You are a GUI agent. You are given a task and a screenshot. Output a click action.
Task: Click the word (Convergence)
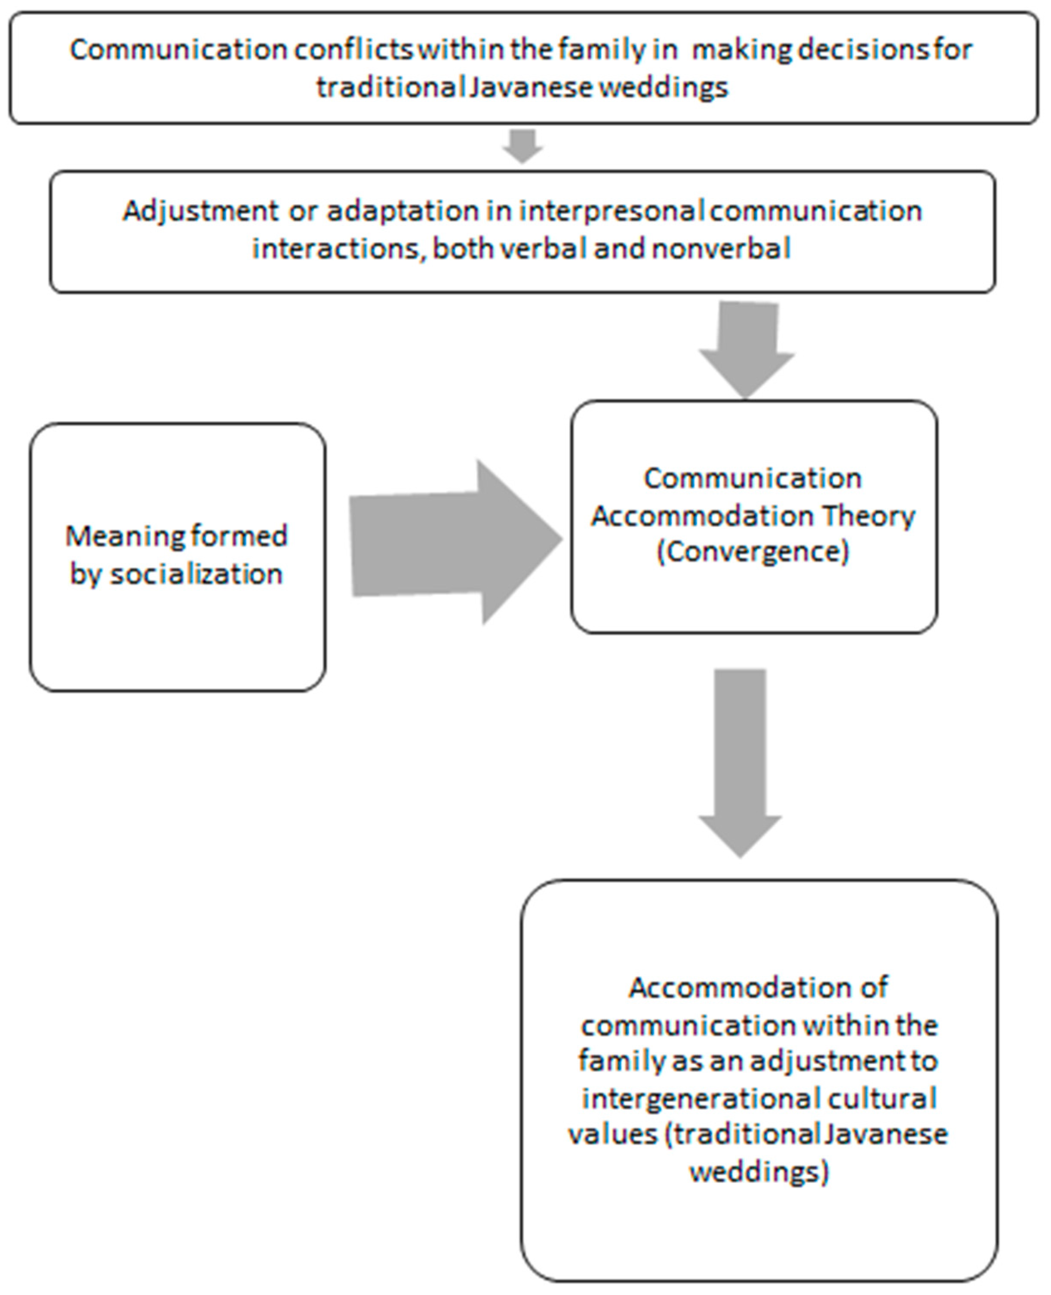753,551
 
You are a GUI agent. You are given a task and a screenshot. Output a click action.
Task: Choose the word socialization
196,573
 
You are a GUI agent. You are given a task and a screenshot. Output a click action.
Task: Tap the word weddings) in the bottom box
759,1172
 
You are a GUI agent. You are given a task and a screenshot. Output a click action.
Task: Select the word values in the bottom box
613,1134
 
